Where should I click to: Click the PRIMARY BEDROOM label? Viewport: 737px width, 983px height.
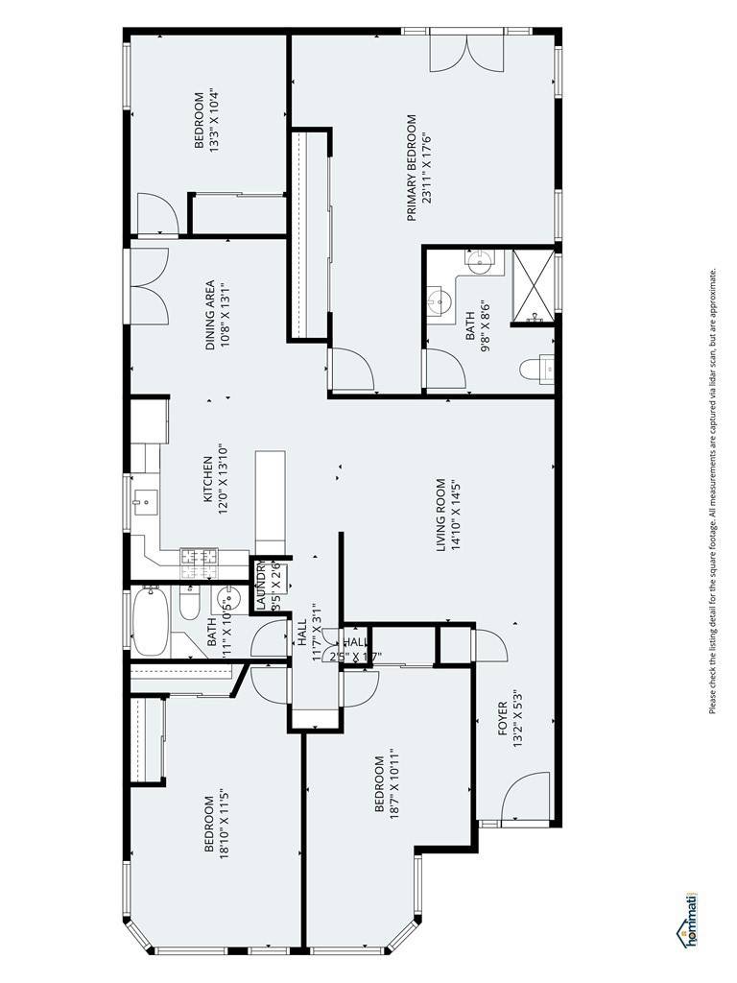[x=412, y=168]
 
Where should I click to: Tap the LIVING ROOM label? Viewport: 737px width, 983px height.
[x=441, y=515]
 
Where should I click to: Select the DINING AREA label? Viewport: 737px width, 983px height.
[x=210, y=315]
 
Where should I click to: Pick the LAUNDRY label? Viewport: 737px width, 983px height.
[x=261, y=586]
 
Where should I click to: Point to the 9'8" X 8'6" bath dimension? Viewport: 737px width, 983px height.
[x=485, y=324]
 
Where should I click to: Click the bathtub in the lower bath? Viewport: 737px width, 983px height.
[x=150, y=620]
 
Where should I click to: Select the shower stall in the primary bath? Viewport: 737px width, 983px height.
[x=533, y=286]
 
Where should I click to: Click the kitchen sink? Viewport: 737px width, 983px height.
[x=146, y=501]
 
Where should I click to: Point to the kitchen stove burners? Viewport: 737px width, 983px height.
[x=200, y=556]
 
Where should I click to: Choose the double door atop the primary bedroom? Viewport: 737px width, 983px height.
[x=465, y=51]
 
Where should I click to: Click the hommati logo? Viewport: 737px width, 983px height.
[x=689, y=920]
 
